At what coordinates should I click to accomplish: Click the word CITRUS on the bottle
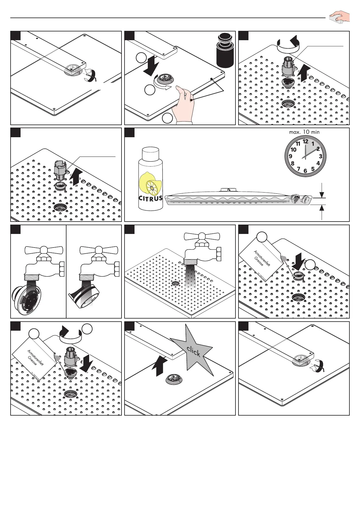pyautogui.click(x=151, y=199)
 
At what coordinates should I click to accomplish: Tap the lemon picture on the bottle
pyautogui.click(x=150, y=184)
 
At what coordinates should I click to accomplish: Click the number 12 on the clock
pyautogui.click(x=306, y=141)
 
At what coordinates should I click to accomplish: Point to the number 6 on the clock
pyautogui.click(x=305, y=171)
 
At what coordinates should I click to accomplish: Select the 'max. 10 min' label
pyautogui.click(x=304, y=132)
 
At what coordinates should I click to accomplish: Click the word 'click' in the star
pyautogui.click(x=193, y=351)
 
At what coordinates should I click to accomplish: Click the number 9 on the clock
pyautogui.click(x=290, y=156)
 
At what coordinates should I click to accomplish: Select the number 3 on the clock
pyautogui.click(x=321, y=156)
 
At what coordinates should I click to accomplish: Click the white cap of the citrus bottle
pyautogui.click(x=151, y=154)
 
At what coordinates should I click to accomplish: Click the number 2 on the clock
pyautogui.click(x=318, y=149)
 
